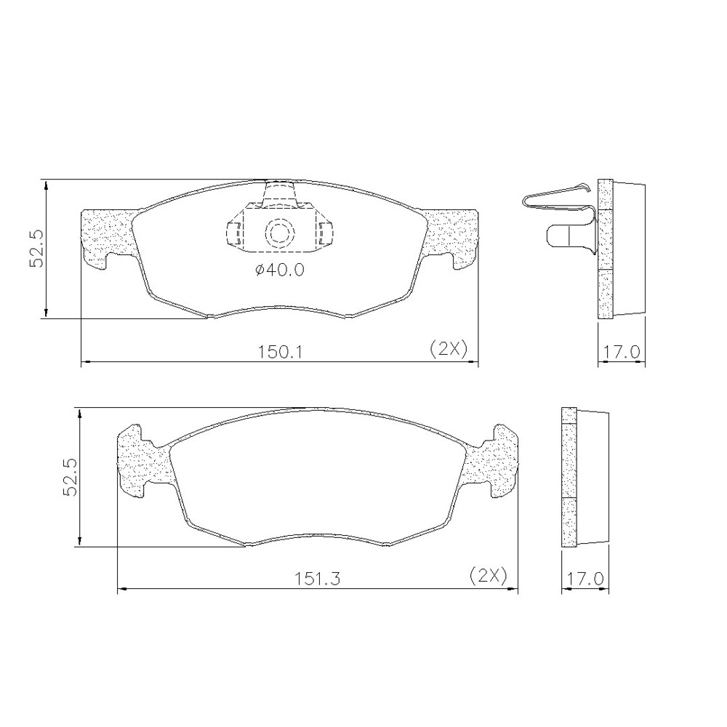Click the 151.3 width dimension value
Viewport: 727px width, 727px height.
tap(318, 578)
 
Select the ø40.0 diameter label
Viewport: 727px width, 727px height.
tap(280, 270)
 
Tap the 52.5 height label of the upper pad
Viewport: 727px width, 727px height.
tap(36, 248)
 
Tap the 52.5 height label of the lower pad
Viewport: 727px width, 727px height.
tap(71, 478)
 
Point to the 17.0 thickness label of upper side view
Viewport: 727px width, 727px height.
tap(622, 352)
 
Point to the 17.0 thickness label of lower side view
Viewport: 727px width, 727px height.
tap(585, 578)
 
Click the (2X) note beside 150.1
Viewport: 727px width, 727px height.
tap(449, 349)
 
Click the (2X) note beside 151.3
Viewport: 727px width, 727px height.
tap(489, 575)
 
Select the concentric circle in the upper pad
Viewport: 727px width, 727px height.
tap(280, 233)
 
